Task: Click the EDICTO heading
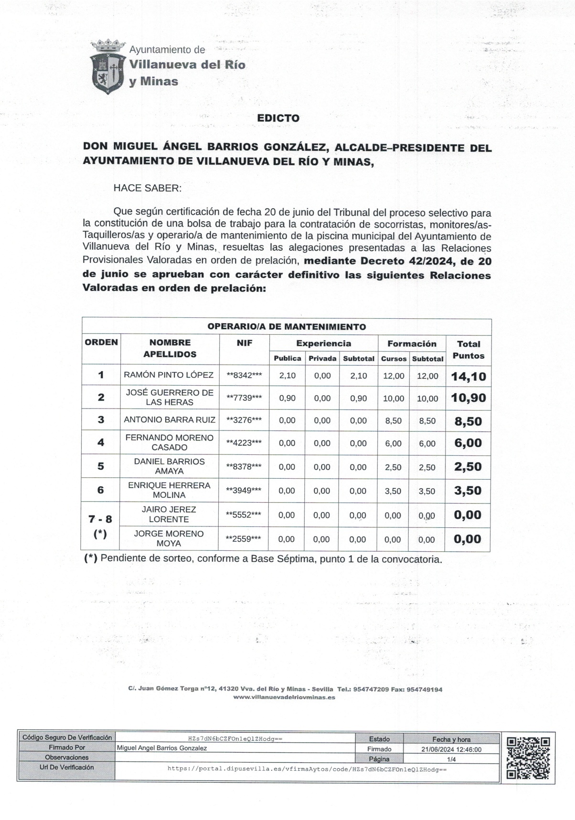coord(278,118)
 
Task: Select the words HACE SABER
coord(147,188)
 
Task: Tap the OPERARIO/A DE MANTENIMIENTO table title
coord(287,327)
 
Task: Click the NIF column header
coord(245,343)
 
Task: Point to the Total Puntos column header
coord(469,350)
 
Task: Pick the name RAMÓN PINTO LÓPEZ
coord(169,375)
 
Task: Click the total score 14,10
coord(469,377)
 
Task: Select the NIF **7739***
coord(244,398)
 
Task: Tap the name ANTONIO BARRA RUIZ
coord(170,420)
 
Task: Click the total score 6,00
coord(468,443)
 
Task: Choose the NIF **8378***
coord(244,467)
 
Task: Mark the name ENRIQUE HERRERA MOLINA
coord(169,490)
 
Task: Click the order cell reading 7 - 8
coord(100,519)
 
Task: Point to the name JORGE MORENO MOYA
coord(169,538)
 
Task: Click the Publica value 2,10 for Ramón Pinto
coord(287,376)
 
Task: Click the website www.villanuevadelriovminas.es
coord(284,697)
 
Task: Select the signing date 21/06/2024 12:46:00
coord(451,749)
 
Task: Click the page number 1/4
coord(451,759)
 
